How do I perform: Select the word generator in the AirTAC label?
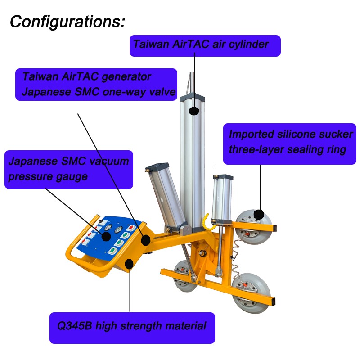pyautogui.click(x=126, y=77)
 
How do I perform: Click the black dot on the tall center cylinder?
pyautogui.click(x=194, y=110)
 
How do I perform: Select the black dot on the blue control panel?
pyautogui.click(x=106, y=237)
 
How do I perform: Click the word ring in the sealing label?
pyautogui.click(x=336, y=149)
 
